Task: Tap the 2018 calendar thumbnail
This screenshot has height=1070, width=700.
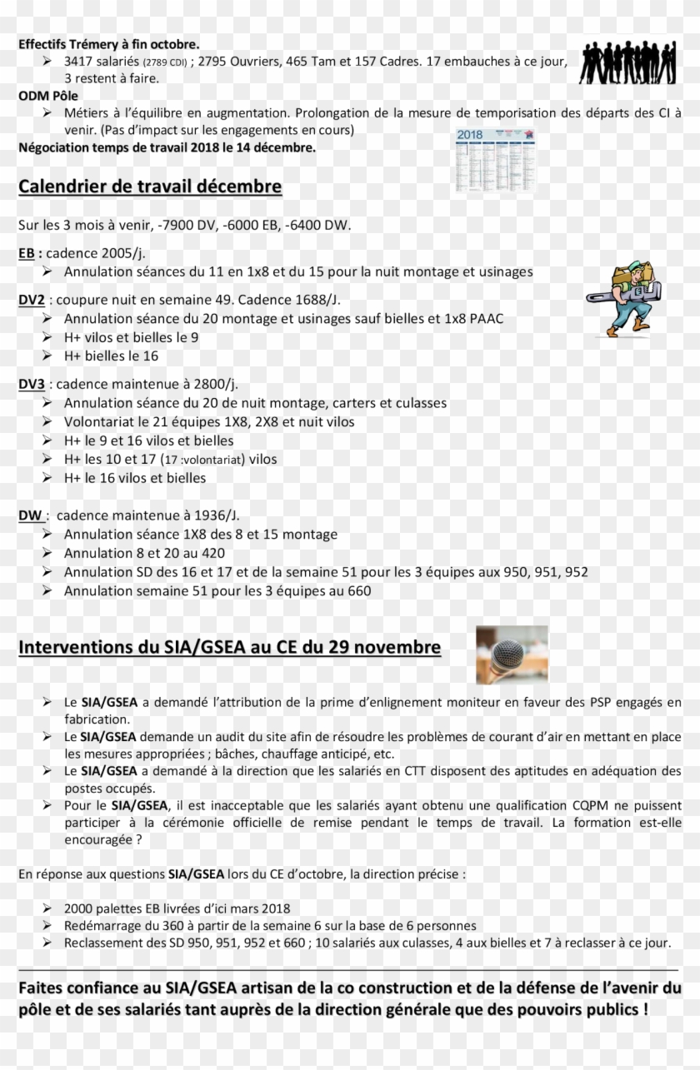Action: click(495, 159)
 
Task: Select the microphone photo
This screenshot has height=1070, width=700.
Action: click(512, 654)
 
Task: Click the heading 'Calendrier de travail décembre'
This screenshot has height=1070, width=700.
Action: click(150, 187)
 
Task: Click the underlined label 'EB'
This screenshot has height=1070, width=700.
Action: click(27, 253)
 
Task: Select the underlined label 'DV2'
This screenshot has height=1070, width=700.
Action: click(32, 300)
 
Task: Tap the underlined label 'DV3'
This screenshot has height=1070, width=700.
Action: click(32, 384)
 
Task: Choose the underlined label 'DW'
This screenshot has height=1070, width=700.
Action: click(30, 515)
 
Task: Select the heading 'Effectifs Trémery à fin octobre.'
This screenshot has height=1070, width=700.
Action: click(109, 44)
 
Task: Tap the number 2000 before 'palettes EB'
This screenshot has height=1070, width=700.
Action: click(80, 908)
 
